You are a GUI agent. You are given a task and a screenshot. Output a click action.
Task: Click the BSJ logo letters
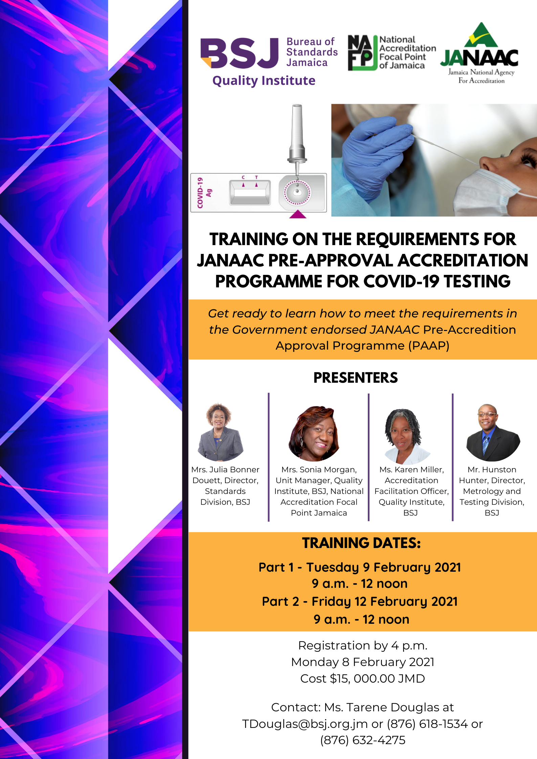[x=240, y=53]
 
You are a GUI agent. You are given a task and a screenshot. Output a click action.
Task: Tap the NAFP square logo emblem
[x=362, y=53]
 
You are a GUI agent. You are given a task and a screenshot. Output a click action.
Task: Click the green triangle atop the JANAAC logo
[x=481, y=35]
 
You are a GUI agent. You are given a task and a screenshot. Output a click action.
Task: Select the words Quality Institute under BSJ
[x=264, y=81]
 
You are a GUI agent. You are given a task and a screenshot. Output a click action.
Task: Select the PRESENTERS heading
[x=356, y=378]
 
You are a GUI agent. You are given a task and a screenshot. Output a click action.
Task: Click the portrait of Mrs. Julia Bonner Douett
[x=220, y=432]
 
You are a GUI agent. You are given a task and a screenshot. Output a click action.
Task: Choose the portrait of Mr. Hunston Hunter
[x=493, y=433]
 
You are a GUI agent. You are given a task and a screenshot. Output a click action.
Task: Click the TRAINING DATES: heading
[x=361, y=543]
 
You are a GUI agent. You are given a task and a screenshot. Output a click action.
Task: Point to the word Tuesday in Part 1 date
[x=332, y=568]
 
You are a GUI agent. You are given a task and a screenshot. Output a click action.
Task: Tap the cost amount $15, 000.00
[x=362, y=679]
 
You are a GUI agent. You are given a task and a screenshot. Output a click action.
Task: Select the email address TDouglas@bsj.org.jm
[x=305, y=724]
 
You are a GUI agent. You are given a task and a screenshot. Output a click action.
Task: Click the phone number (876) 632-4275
[x=363, y=740]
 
